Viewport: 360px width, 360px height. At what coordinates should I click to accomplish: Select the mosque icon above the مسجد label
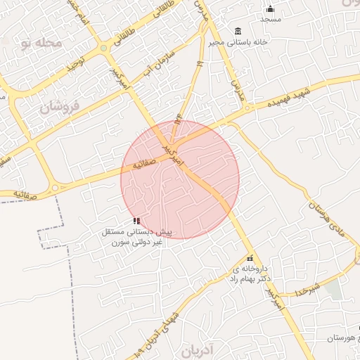[x=270, y=9]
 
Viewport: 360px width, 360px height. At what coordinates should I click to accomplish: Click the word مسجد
[x=270, y=19]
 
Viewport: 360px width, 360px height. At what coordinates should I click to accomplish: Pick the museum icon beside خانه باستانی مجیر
[x=238, y=32]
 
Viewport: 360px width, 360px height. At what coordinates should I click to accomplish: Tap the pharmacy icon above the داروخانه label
[x=250, y=258]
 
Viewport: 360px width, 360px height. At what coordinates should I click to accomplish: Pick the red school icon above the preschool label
[x=136, y=221]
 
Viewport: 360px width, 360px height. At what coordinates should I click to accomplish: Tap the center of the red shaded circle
[x=180, y=179]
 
